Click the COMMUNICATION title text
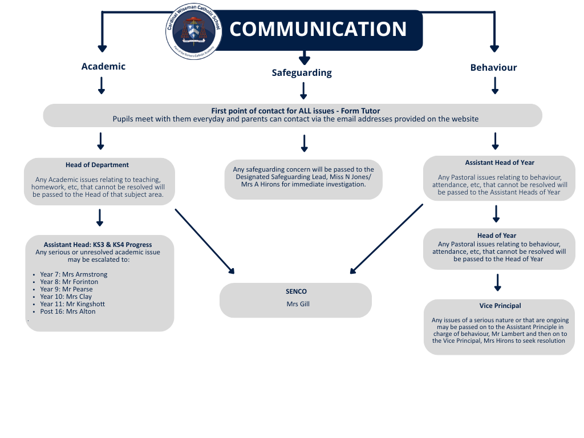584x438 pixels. click(x=318, y=29)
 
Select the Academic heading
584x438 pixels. click(x=103, y=66)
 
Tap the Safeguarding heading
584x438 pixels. click(x=301, y=72)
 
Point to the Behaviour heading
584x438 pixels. click(x=493, y=67)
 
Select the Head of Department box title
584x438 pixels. click(x=97, y=165)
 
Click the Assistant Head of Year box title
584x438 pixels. click(x=500, y=163)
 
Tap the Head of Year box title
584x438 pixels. click(x=497, y=236)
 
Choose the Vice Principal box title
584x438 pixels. click(x=500, y=306)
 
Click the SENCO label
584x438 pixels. click(x=296, y=291)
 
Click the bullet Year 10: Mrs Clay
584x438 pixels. click(x=66, y=297)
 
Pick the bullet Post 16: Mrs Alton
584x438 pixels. click(x=68, y=311)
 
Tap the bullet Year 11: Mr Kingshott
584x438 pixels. click(x=72, y=304)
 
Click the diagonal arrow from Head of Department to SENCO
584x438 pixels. click(x=204, y=241)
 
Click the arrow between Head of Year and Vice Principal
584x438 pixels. click(x=497, y=282)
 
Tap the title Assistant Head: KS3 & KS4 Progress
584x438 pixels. click(x=98, y=245)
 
